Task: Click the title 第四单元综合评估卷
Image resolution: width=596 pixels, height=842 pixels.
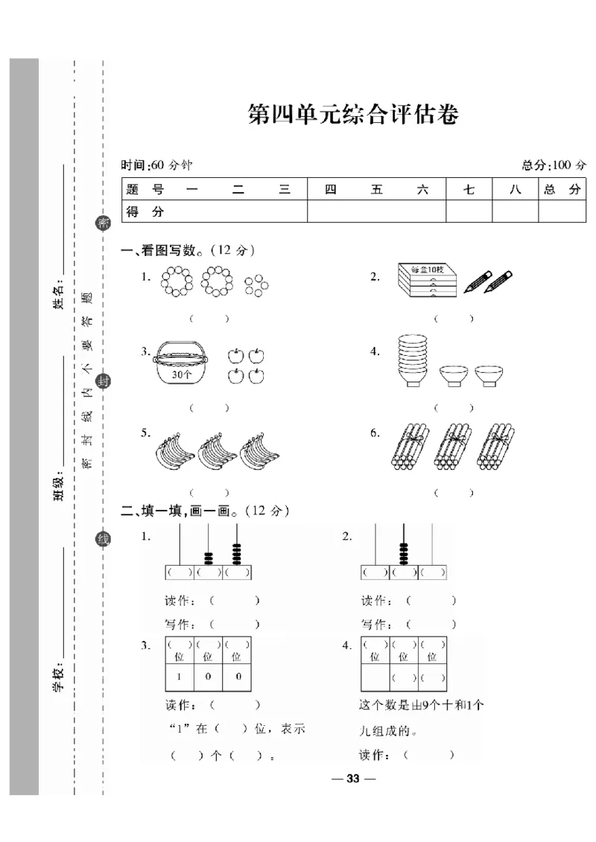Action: (x=352, y=115)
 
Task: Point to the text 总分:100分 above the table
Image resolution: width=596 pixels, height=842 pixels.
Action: (x=554, y=165)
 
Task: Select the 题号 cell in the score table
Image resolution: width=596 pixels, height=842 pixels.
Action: (x=145, y=190)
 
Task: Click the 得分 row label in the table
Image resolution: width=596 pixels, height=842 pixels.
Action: (x=145, y=211)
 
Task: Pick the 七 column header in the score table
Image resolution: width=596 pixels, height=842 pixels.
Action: (x=469, y=190)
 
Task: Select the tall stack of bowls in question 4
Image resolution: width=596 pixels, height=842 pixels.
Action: (x=411, y=361)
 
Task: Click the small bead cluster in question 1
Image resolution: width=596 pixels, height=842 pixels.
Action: (x=256, y=284)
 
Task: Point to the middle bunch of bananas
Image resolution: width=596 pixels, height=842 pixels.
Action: (x=217, y=450)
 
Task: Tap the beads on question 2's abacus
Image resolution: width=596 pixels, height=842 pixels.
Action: (x=404, y=554)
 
